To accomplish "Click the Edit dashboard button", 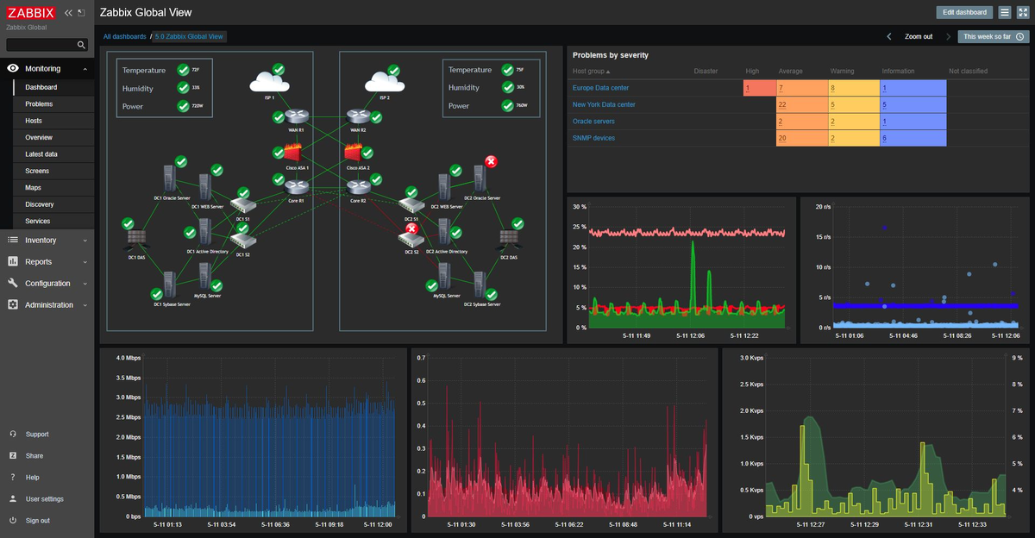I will coord(964,12).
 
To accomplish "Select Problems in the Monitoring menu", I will coord(39,104).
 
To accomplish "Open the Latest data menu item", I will coord(41,154).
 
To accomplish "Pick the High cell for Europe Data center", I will coord(759,88).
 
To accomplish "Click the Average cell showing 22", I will coord(801,104).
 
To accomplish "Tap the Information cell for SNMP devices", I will coord(913,138).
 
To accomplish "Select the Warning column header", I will coord(842,72).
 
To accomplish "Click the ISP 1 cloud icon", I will coord(269,83).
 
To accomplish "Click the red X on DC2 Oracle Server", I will coord(491,162).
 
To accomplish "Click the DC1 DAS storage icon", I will coord(136,239).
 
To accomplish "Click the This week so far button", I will coord(994,37).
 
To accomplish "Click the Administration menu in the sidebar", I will coord(48,305).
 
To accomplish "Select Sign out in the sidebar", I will coord(37,521).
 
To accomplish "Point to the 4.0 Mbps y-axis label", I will coord(128,358).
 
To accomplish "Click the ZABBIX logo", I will coord(31,13).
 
